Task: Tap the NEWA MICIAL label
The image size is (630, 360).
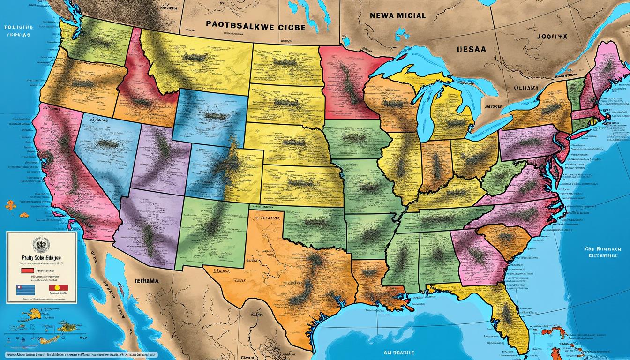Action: pos(397,15)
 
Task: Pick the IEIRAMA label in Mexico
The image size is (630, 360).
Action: pos(146,280)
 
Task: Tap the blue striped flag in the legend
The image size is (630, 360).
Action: pos(26,290)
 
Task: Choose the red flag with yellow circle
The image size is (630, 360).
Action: pos(59,288)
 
